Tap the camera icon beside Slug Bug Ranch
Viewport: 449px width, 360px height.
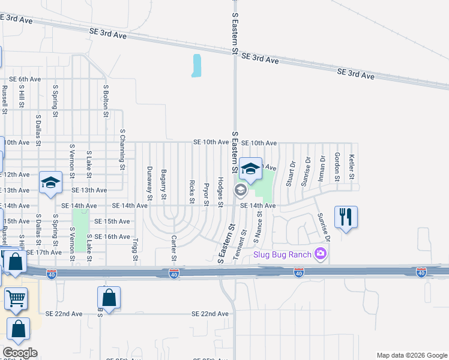coord(321,254)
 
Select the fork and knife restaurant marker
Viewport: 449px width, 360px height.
coord(346,217)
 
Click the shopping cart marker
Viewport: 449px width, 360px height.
coord(16,298)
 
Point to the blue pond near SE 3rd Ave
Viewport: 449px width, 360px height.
coord(196,66)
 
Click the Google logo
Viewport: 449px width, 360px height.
coord(20,353)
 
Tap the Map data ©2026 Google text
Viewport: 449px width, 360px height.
coord(411,355)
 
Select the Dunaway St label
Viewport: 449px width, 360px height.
coord(149,183)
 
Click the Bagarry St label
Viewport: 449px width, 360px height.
coord(163,183)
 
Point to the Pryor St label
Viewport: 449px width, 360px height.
coord(206,194)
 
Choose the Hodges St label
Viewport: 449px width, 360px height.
coord(220,192)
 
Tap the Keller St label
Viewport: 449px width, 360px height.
coord(352,168)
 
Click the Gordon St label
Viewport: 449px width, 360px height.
coord(337,167)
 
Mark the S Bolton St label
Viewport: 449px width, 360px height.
coord(105,101)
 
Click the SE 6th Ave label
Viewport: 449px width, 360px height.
coord(25,79)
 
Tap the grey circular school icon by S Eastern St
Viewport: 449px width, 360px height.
coord(241,191)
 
